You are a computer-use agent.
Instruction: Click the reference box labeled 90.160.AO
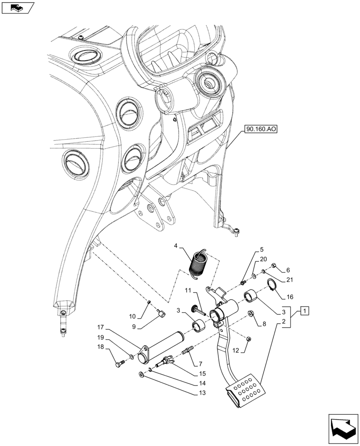click(x=261, y=130)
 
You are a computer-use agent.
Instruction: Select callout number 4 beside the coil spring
click(x=176, y=246)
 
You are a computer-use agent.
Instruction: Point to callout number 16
click(x=290, y=296)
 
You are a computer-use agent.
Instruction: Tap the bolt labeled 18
click(x=119, y=364)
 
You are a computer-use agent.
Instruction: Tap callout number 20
click(x=263, y=259)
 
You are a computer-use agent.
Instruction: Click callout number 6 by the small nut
click(x=288, y=270)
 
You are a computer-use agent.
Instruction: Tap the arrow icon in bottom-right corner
click(x=343, y=428)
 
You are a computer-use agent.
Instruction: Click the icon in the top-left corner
click(x=17, y=8)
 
